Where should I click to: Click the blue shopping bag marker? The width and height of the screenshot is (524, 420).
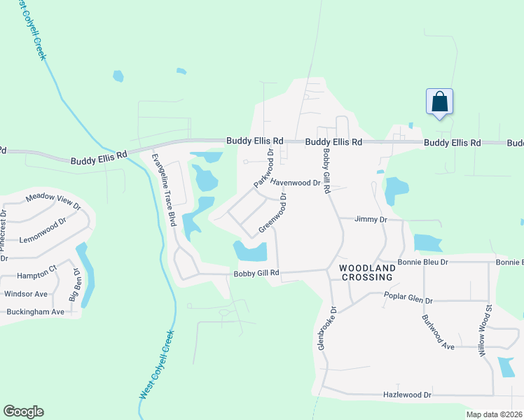pyautogui.click(x=439, y=102)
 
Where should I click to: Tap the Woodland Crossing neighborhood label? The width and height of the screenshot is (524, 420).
pyautogui.click(x=366, y=273)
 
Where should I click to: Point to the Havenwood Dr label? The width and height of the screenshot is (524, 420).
pyautogui.click(x=295, y=183)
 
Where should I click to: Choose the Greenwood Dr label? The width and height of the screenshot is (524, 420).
pyautogui.click(x=273, y=213)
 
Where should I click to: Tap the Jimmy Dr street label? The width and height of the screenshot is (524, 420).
pyautogui.click(x=371, y=220)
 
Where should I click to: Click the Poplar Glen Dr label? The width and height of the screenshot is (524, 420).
pyautogui.click(x=408, y=300)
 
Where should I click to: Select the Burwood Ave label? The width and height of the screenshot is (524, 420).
pyautogui.click(x=438, y=332)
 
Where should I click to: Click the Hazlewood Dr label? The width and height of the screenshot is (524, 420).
pyautogui.click(x=407, y=395)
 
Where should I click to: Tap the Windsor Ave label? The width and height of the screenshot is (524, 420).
pyautogui.click(x=25, y=294)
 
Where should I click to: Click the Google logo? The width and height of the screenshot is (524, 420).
pyautogui.click(x=23, y=412)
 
